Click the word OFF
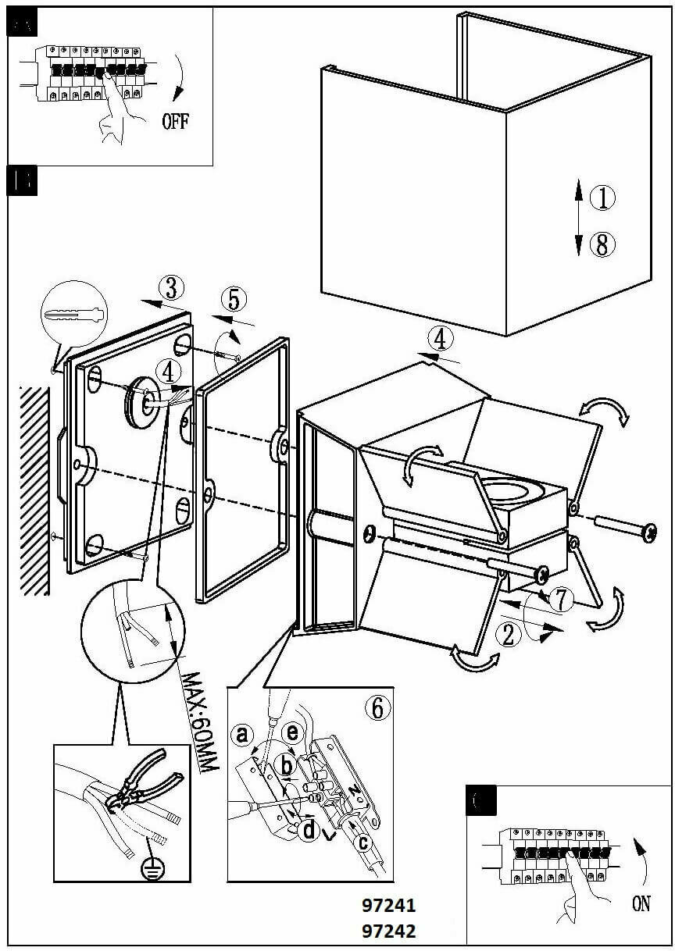(x=175, y=121)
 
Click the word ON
(x=641, y=904)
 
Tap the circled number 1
(x=602, y=198)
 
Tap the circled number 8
(x=602, y=245)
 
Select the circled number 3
(x=172, y=289)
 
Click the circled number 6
(x=377, y=707)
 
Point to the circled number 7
(x=561, y=600)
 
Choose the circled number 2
(x=509, y=636)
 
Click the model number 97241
(x=388, y=906)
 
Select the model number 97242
(x=388, y=931)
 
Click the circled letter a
(x=242, y=734)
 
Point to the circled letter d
(x=309, y=831)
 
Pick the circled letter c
(x=362, y=842)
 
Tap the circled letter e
(x=292, y=732)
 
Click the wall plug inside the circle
(x=74, y=316)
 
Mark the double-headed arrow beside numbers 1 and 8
(x=578, y=216)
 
